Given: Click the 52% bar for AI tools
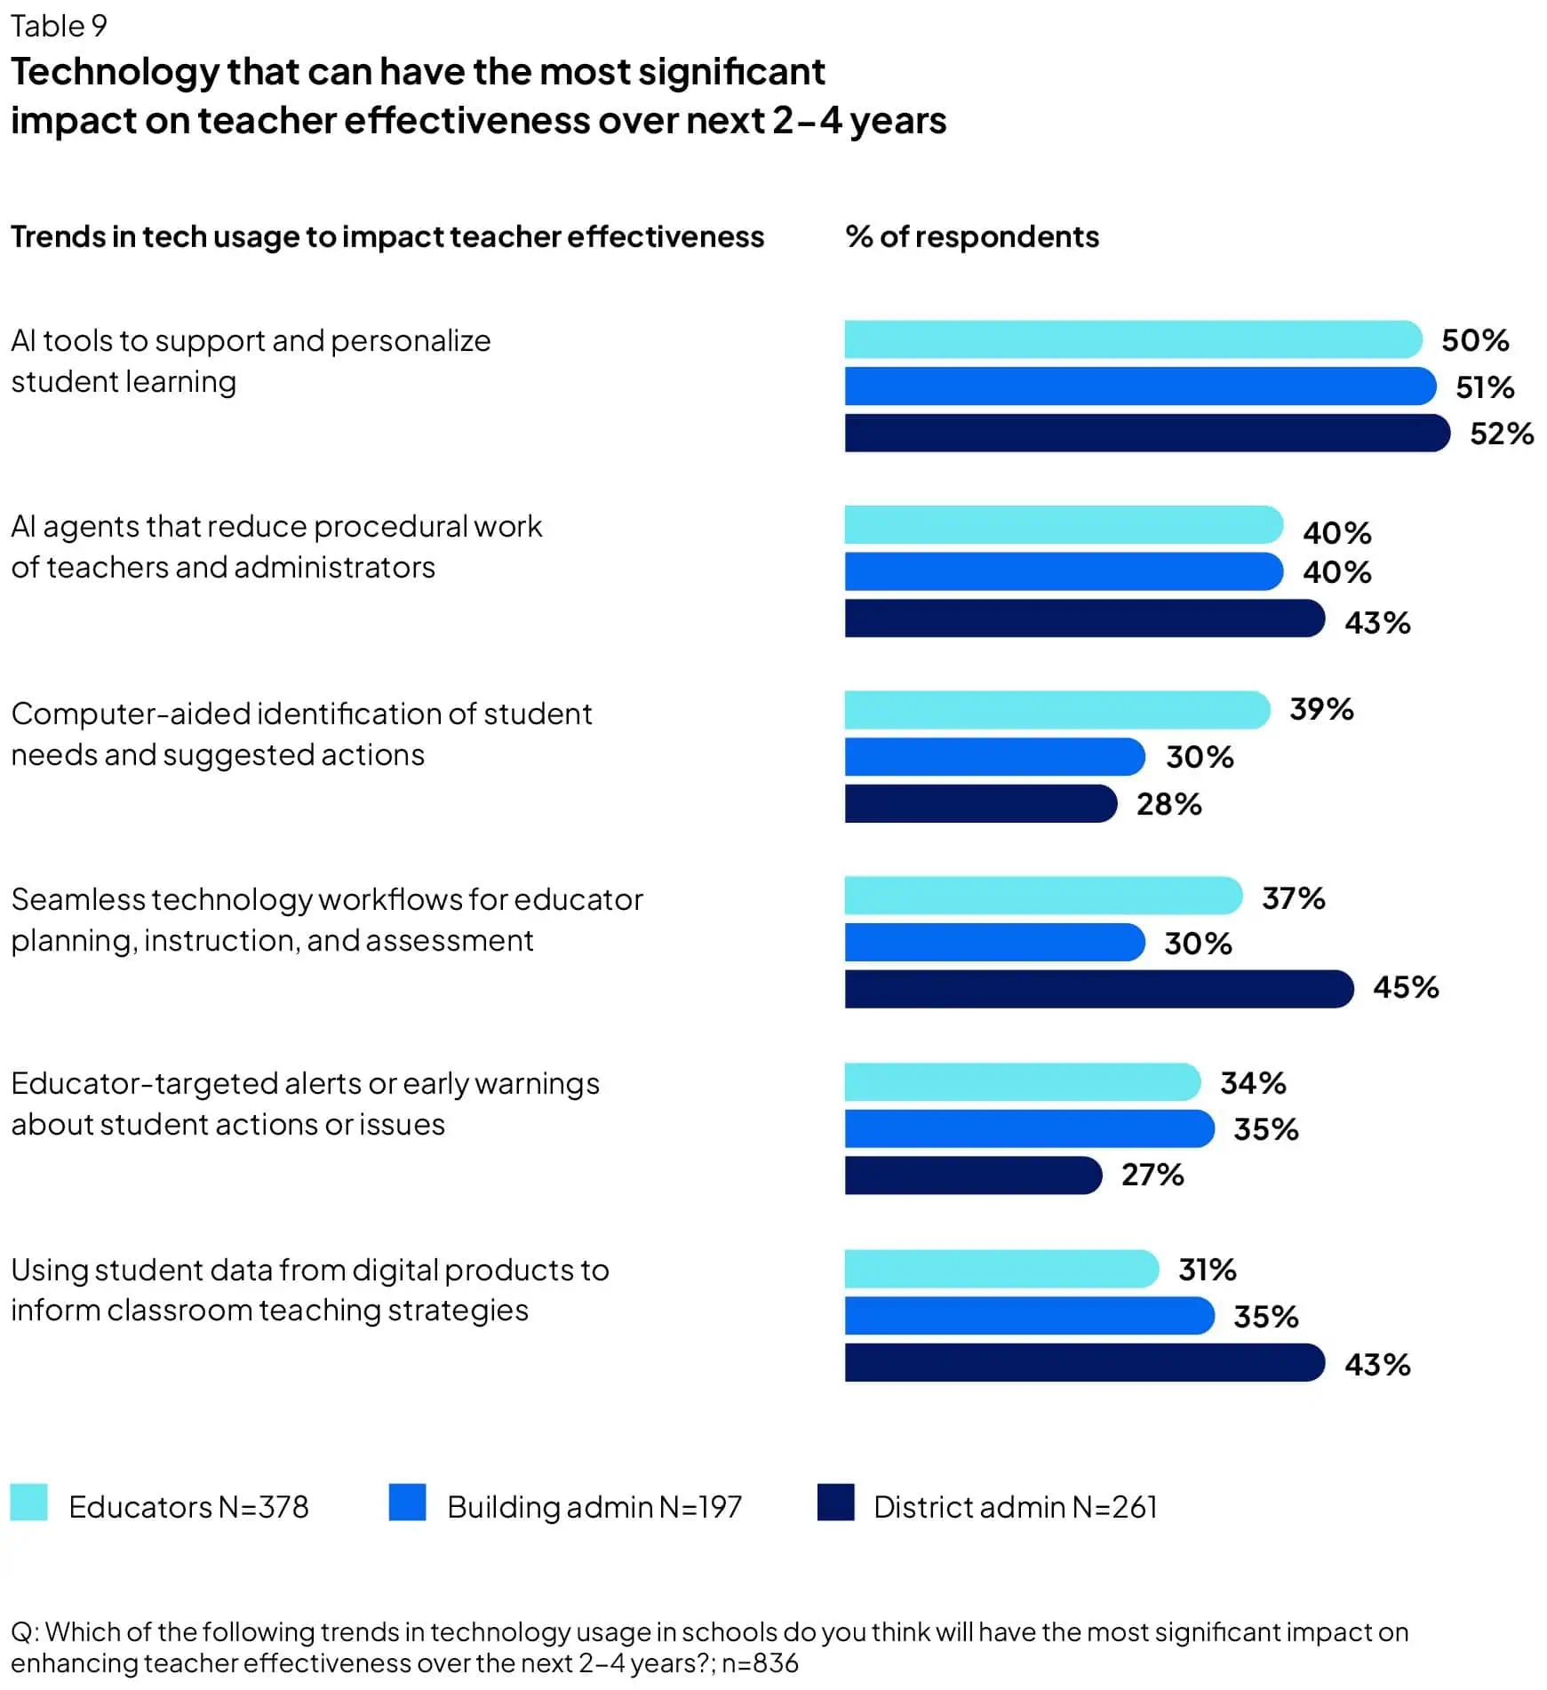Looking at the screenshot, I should [x=1146, y=433].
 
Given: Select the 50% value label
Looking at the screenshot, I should [x=1474, y=340].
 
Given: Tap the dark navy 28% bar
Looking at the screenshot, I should [x=980, y=803].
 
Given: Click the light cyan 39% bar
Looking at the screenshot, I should [x=1057, y=710].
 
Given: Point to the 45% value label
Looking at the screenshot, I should [x=1405, y=987].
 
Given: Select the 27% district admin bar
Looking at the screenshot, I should [x=973, y=1175].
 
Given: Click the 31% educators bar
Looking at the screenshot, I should [x=1001, y=1269].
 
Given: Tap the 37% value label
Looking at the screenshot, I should [x=1293, y=898].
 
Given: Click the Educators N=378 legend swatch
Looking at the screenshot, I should [x=28, y=1503].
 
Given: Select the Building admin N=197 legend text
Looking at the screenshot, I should [x=594, y=1507].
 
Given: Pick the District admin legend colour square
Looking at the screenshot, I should [x=835, y=1503].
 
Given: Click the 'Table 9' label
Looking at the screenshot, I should [x=59, y=26].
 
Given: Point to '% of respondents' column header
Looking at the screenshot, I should [x=972, y=236].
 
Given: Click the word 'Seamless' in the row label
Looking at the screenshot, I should [x=77, y=899].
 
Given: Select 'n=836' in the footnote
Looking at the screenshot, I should [x=760, y=1662].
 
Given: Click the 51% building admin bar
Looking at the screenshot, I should [x=1139, y=387].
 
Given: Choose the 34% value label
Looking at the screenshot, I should [x=1252, y=1083].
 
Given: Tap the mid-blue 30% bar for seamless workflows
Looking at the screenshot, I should [x=994, y=942].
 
